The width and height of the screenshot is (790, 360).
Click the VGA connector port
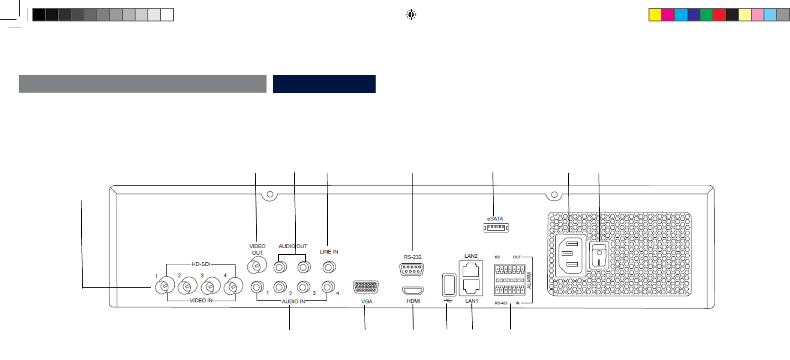pos(366,287)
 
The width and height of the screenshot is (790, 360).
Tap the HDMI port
pos(413,291)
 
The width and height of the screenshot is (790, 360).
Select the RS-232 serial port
pos(412,270)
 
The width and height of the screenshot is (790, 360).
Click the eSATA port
pos(496,227)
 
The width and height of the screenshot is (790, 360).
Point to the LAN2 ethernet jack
pos(471,270)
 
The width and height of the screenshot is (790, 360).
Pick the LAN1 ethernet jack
pos(471,286)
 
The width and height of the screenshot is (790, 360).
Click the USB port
pos(449,285)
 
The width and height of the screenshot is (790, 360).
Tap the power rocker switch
pos(599,256)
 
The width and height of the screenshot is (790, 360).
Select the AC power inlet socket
pos(570,256)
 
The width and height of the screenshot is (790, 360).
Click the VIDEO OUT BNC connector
pos(256,265)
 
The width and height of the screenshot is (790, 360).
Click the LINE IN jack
pos(329,267)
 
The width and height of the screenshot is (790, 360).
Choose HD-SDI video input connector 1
pos(164,286)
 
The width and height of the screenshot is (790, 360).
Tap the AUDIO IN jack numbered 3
pos(303,287)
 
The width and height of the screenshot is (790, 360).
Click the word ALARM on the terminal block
pos(529,280)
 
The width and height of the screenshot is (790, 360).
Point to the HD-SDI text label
pos(201,264)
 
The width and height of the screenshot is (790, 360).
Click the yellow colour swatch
pos(655,15)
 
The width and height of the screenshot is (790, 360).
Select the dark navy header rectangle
pos(324,84)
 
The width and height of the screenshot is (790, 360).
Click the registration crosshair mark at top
pos(411,15)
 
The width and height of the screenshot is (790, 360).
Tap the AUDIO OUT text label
pos(293,246)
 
